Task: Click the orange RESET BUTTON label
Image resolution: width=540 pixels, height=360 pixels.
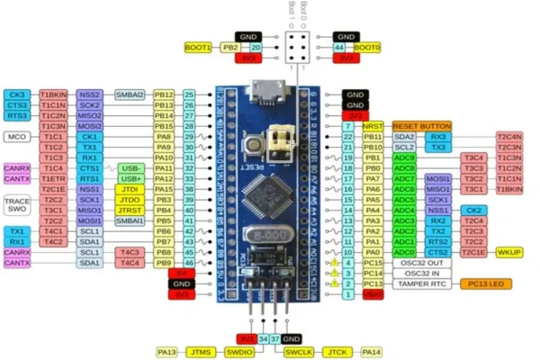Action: (421, 126)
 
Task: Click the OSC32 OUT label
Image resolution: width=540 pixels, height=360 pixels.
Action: (421, 262)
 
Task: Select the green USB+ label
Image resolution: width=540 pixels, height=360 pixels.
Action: (130, 179)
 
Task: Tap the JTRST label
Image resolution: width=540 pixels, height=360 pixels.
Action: (130, 211)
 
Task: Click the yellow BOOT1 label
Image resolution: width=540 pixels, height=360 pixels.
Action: (197, 47)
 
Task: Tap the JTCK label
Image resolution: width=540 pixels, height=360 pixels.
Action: (336, 351)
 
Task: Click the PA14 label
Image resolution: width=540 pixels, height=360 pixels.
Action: (372, 351)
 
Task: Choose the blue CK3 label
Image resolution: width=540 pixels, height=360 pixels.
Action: (16, 94)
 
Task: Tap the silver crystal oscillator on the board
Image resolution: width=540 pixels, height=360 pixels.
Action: (268, 232)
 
